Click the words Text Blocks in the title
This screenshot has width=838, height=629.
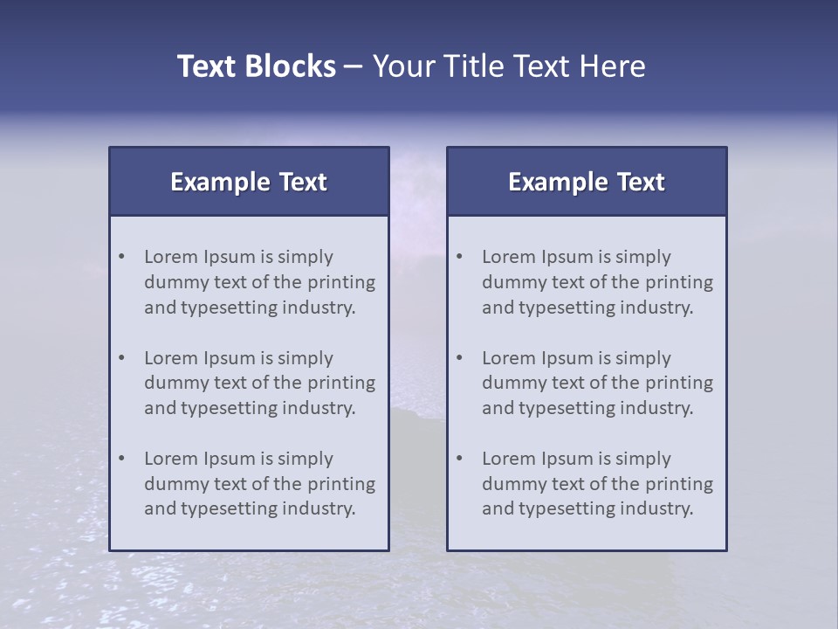point(256,66)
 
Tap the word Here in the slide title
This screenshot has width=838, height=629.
point(615,66)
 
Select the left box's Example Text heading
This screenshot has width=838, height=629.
point(249,182)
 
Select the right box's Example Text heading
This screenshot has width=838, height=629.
point(587,182)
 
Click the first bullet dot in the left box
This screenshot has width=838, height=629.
point(122,257)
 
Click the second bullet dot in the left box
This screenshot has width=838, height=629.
point(122,358)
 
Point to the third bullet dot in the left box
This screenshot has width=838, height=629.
point(122,459)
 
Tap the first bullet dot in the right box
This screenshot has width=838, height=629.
point(460,257)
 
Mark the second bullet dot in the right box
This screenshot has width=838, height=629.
point(460,358)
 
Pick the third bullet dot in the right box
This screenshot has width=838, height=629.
point(460,459)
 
